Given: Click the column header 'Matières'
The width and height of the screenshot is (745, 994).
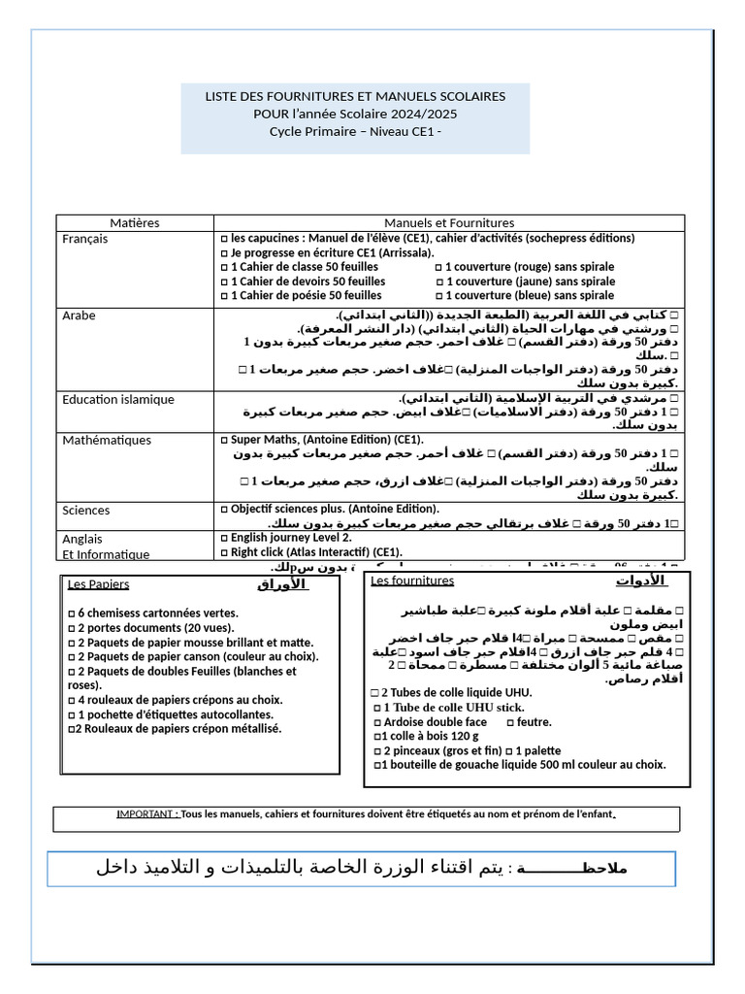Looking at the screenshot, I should tap(134, 223).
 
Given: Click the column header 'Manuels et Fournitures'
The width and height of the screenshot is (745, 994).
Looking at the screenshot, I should tap(448, 223).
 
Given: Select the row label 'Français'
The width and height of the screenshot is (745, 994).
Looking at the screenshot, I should tap(85, 239).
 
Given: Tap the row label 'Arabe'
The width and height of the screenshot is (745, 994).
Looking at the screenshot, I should tap(80, 315).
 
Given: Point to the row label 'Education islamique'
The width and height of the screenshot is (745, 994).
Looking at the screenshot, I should tap(118, 399).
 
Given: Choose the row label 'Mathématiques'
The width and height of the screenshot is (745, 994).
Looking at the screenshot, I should tap(107, 441).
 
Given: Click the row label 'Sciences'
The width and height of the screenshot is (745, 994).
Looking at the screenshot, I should tap(86, 511).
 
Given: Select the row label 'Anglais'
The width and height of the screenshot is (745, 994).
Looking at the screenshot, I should tap(82, 539).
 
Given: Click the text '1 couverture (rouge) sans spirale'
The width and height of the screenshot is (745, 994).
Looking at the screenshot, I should tap(529, 267).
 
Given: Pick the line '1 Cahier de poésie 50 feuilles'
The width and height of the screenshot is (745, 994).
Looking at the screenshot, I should tap(305, 295).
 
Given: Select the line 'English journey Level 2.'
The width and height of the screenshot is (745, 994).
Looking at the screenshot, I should tap(291, 538).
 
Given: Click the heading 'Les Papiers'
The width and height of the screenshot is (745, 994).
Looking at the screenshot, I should tap(98, 584).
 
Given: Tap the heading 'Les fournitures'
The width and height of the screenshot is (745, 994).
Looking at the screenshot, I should tap(412, 580).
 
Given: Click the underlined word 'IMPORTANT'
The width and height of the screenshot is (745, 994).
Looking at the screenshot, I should tap(146, 813).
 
